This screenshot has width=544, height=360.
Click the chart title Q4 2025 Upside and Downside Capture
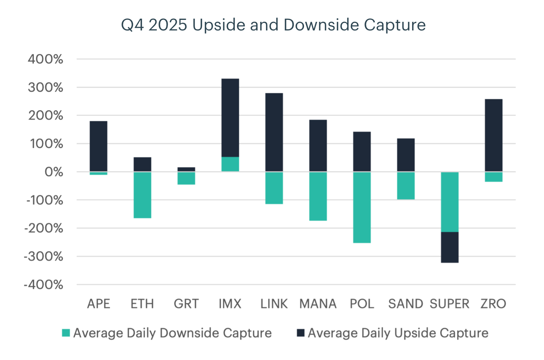click(273, 25)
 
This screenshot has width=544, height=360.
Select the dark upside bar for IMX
click(230, 118)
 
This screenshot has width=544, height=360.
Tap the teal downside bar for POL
click(362, 207)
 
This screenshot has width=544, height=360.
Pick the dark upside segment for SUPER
click(450, 247)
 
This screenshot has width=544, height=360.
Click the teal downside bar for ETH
click(142, 195)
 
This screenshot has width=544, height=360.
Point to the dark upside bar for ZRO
click(493, 135)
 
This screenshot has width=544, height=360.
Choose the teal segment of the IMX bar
click(230, 164)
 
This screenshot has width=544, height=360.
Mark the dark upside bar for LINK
click(274, 132)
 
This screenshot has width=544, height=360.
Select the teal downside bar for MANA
click(318, 196)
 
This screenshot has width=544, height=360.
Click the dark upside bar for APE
click(98, 146)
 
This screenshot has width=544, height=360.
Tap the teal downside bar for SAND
click(406, 185)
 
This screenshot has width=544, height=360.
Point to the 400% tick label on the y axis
click(45, 59)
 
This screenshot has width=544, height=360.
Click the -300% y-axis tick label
click(44, 257)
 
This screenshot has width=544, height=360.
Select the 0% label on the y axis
click(53, 172)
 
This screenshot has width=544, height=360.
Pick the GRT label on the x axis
click(186, 304)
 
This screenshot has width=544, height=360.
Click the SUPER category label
click(450, 304)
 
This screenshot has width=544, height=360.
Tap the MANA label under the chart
click(318, 304)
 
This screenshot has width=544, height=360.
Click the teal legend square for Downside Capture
click(66, 333)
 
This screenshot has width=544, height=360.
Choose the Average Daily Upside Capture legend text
click(398, 333)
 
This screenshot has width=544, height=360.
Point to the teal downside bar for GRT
click(186, 178)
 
